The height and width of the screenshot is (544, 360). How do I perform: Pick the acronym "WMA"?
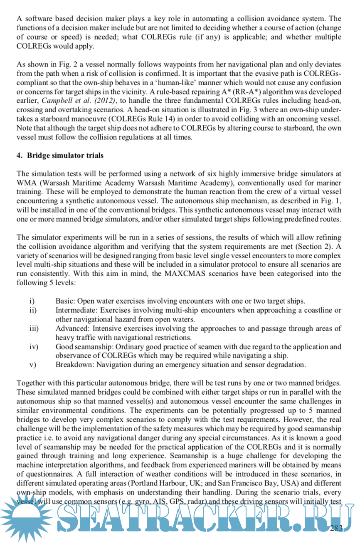pos(26,183)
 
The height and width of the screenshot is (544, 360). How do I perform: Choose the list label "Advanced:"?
pos(71,329)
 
